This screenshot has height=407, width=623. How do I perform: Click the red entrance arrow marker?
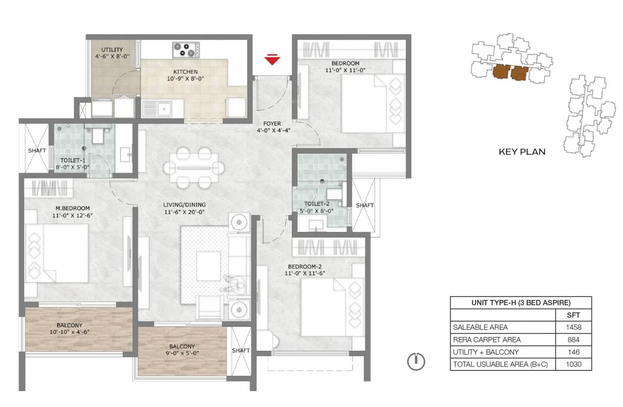tap(272, 59)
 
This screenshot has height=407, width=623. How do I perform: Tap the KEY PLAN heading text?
tap(522, 152)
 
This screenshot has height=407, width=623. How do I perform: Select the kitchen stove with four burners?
tap(185, 50)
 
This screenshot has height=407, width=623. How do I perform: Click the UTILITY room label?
tap(112, 50)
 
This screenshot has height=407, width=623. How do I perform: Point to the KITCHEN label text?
tap(185, 72)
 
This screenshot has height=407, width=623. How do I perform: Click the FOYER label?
tap(272, 123)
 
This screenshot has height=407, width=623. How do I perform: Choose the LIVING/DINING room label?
tap(184, 205)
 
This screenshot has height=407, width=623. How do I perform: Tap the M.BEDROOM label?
tap(72, 208)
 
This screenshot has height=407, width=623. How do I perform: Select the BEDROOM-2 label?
tap(305, 267)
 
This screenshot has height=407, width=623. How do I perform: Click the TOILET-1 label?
tap(73, 161)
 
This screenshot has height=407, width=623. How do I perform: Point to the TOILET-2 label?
tap(317, 204)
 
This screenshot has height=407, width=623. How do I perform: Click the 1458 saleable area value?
tap(573, 327)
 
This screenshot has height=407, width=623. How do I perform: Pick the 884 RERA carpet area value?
tap(573, 339)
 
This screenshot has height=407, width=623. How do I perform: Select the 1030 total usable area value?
tap(573, 364)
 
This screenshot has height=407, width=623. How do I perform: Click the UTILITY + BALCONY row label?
tap(485, 352)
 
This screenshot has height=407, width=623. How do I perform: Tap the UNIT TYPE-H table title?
tap(521, 303)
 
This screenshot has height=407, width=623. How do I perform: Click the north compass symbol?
tap(416, 361)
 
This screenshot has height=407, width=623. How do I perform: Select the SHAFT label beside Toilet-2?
tap(364, 206)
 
